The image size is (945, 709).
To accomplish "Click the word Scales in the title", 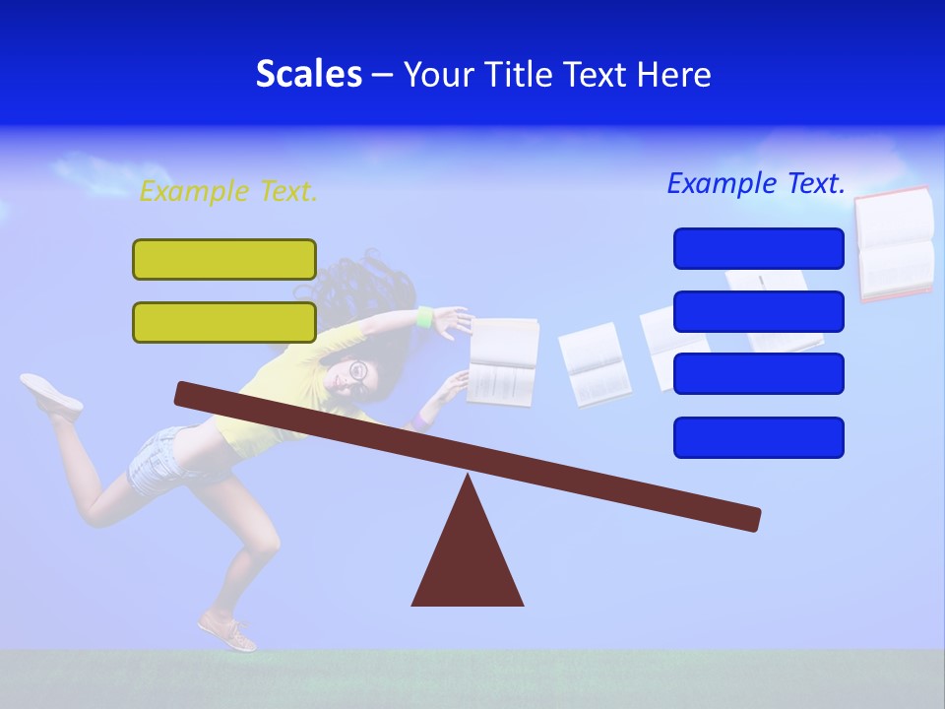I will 308,74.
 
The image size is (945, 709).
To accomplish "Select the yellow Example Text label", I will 228,191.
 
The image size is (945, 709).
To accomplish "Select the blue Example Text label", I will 756,183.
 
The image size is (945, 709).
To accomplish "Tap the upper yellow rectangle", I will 224,259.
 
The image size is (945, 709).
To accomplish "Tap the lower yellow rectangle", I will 224,322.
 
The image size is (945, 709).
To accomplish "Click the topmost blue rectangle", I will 758,248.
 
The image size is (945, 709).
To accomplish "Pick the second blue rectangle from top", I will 758,311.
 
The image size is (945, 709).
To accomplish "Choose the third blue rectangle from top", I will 758,373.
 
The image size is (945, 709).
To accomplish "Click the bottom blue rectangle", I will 758,437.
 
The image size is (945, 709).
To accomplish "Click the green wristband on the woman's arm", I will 425,317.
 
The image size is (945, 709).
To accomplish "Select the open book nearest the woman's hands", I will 502,361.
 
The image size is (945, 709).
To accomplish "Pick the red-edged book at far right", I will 894,243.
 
